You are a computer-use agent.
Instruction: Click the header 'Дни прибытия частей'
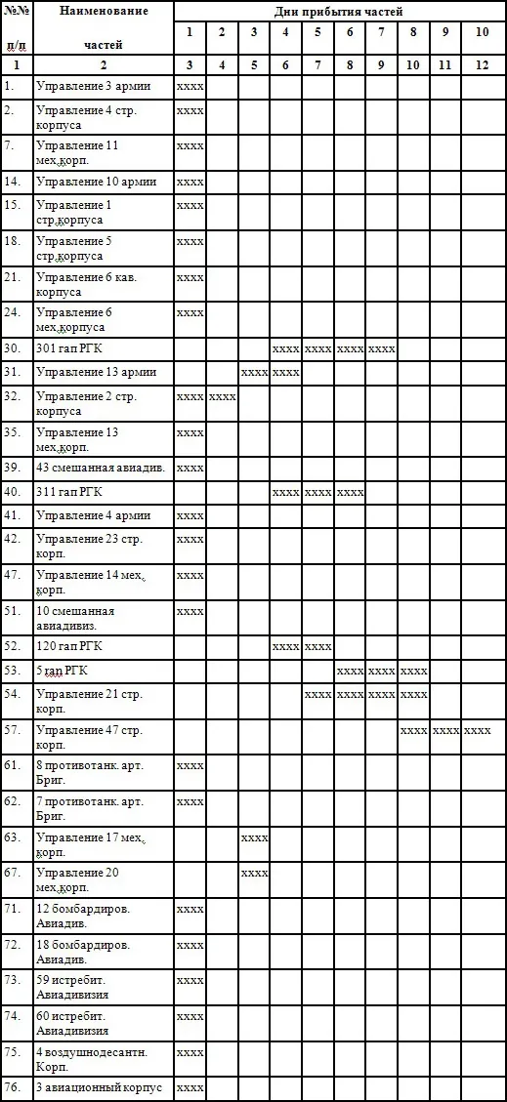(338, 11)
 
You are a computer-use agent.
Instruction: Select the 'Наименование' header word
(104, 11)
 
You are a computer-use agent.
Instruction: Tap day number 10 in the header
(482, 32)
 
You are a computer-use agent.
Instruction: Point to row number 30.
(13, 347)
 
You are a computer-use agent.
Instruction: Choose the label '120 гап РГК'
(71, 646)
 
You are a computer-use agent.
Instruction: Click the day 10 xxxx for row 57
(478, 730)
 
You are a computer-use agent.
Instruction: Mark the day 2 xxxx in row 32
(222, 396)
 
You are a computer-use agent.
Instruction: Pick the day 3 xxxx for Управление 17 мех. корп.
(254, 837)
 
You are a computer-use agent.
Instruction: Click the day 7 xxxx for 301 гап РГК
(381, 348)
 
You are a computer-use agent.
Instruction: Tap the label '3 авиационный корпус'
(99, 1087)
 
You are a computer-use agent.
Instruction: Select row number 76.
(13, 1087)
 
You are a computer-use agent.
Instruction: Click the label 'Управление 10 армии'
(95, 182)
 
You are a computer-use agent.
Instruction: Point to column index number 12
(482, 64)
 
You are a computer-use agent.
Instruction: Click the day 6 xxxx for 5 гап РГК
(350, 671)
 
